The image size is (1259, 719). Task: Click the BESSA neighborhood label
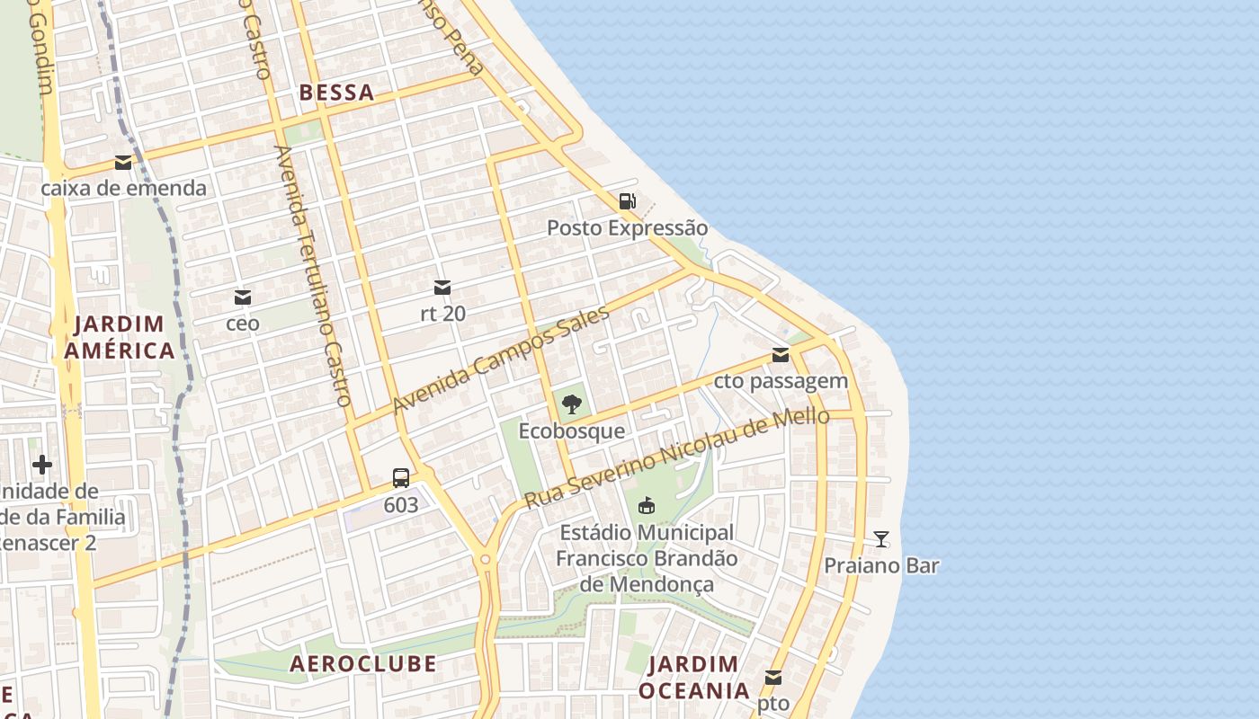(336, 93)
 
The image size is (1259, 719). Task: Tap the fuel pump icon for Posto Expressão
(627, 201)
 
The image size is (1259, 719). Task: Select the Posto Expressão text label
(627, 228)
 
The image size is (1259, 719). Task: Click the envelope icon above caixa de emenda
(123, 163)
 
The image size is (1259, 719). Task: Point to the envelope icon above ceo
(242, 297)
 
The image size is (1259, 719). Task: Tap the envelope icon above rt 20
(442, 288)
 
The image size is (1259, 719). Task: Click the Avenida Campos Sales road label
(501, 361)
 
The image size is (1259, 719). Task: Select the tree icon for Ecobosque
(571, 404)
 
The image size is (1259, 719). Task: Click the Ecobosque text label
(571, 431)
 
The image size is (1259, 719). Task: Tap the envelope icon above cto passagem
(781, 355)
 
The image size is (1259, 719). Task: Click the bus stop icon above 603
(401, 478)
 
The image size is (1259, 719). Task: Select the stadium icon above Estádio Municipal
(646, 506)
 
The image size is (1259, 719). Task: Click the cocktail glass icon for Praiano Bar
(881, 539)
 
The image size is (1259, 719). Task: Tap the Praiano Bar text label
(881, 566)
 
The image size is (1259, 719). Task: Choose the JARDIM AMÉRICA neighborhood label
(120, 337)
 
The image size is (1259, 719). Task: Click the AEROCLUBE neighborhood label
(362, 664)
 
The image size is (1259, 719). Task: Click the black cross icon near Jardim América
(41, 465)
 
